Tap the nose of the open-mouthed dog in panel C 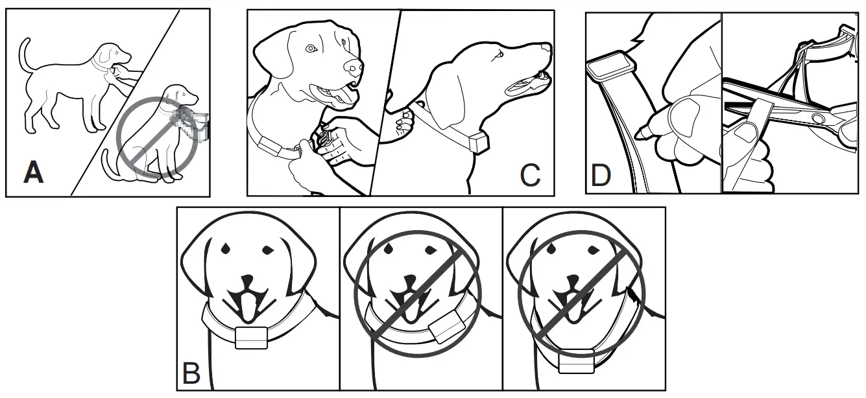point(352,67)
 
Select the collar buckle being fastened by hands point(324,139)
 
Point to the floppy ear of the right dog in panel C point(454,97)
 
